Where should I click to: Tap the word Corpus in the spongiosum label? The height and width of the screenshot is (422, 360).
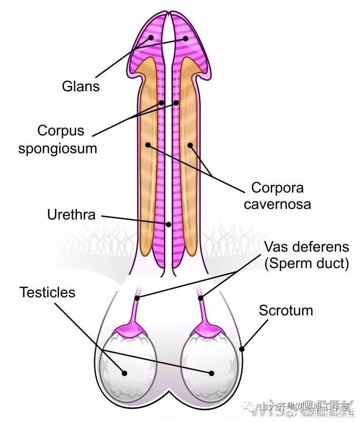(61, 130)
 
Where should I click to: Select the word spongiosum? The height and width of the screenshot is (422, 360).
(58, 148)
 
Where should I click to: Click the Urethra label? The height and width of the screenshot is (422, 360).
(71, 215)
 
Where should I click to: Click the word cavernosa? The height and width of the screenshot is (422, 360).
(277, 204)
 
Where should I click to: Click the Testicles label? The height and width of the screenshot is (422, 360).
(47, 293)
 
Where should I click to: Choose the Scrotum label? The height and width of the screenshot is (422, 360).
(286, 311)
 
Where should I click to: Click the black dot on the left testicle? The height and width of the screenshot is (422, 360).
(125, 373)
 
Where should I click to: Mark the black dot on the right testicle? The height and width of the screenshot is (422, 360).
(211, 373)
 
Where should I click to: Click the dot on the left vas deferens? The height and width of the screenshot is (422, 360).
(137, 299)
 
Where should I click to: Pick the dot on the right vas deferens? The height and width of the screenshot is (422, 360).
(201, 299)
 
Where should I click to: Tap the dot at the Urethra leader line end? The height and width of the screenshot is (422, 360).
(169, 224)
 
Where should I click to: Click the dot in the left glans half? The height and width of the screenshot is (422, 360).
(152, 38)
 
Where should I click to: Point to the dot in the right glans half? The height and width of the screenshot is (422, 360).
(186, 38)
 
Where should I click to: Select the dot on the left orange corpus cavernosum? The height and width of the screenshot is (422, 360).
(148, 144)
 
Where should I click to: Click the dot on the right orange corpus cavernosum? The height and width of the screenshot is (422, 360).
(190, 144)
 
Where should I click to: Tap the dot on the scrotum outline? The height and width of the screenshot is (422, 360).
(242, 348)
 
